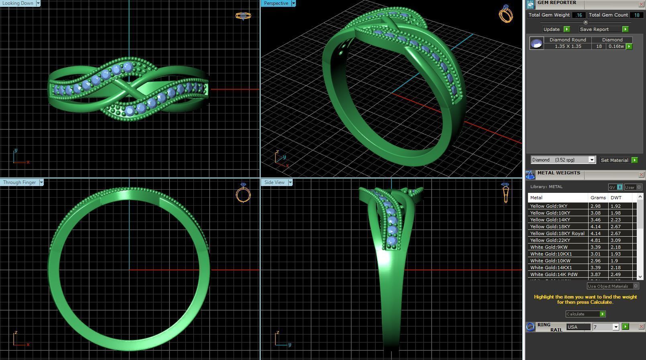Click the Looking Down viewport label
point(18,3)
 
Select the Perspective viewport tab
point(276,3)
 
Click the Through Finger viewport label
point(19,182)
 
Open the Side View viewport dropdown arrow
point(290,182)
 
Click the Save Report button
point(594,29)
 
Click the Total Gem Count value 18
point(636,15)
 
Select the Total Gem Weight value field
point(579,15)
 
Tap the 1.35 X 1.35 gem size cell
point(568,46)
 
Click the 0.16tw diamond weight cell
point(615,46)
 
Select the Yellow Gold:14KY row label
point(550,220)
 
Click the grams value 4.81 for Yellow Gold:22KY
point(595,240)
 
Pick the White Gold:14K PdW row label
point(554,274)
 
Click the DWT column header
point(616,198)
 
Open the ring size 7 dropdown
point(615,327)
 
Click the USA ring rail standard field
point(578,327)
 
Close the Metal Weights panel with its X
point(641,175)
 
